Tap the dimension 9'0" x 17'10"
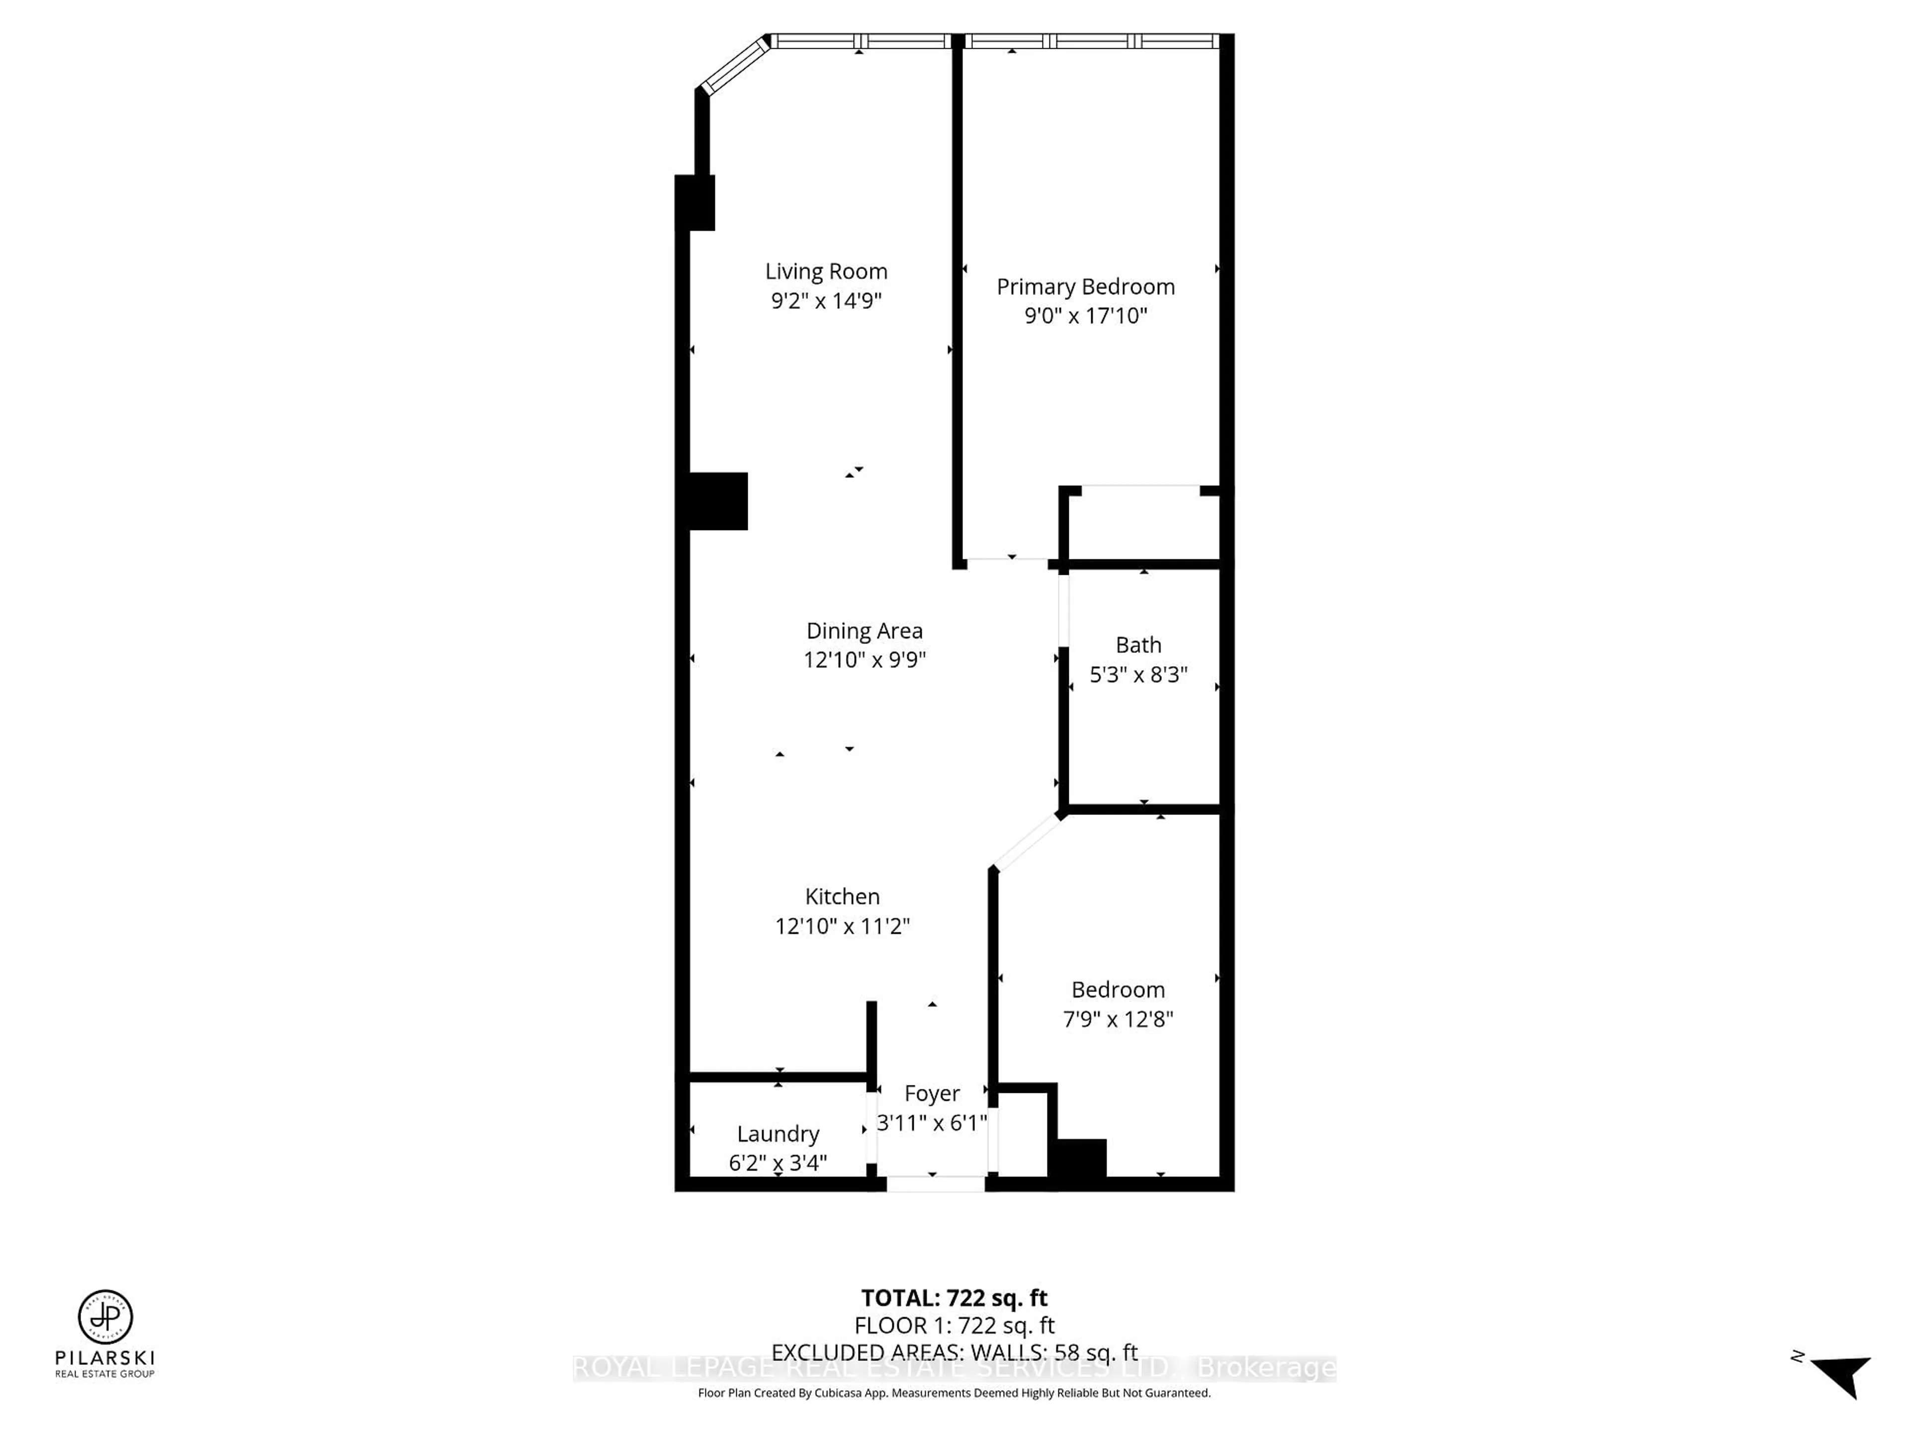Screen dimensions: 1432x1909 1086,316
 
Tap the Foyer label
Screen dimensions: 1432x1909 931,1093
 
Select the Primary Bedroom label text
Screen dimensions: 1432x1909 1086,286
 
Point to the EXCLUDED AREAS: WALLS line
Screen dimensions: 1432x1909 954,1352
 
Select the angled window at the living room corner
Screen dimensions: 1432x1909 734,65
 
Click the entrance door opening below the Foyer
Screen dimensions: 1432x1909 936,1184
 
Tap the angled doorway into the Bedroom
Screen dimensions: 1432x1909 1027,842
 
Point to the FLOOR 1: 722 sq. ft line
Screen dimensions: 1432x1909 954,1325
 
